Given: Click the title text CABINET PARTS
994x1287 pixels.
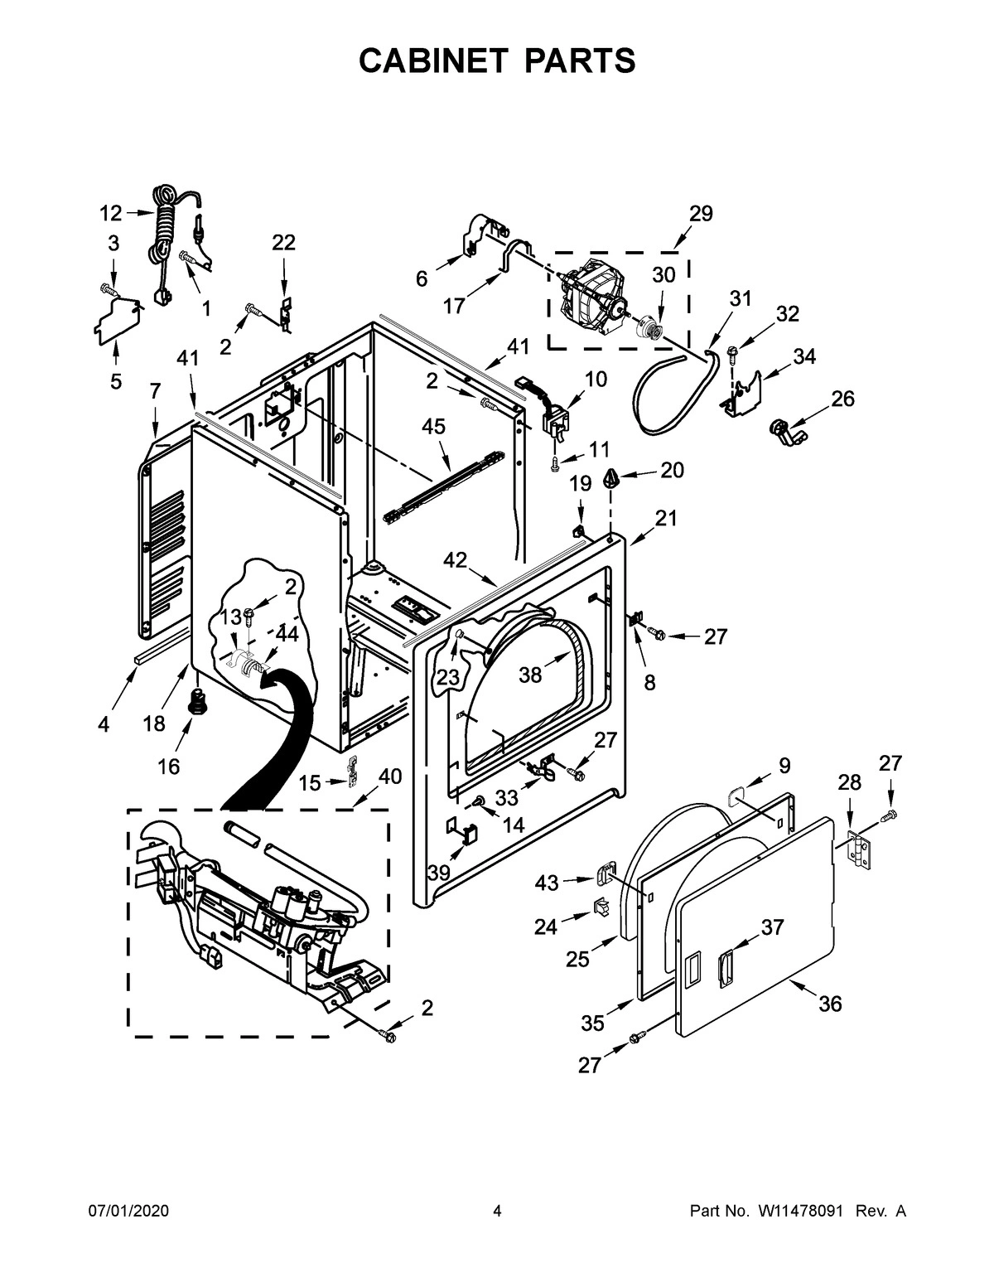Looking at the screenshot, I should [x=497, y=60].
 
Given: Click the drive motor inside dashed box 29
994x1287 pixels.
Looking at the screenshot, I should [x=590, y=299].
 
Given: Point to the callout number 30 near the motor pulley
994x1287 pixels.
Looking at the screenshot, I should [x=663, y=275].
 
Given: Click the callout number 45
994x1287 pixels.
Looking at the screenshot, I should [x=433, y=427].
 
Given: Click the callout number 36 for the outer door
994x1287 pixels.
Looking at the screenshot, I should [x=830, y=1004].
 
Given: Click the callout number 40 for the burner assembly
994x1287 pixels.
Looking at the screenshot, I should [x=389, y=777].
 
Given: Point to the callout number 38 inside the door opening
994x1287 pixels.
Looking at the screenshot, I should [x=530, y=675].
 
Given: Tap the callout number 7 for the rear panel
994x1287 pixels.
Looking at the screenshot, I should [x=154, y=390].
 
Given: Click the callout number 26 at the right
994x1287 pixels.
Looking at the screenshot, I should [x=842, y=399].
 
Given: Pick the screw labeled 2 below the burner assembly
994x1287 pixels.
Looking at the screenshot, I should [x=386, y=1034].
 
